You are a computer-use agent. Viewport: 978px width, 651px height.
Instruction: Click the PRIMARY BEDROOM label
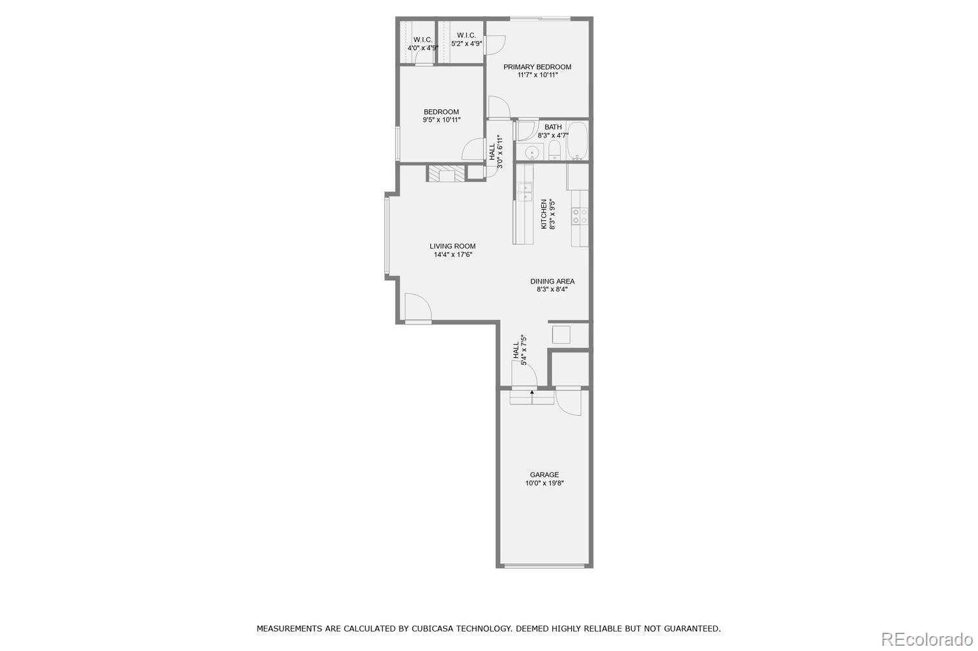coord(537,66)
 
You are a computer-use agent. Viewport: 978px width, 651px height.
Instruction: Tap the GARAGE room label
coord(544,474)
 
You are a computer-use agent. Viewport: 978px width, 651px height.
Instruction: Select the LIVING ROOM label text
coord(452,246)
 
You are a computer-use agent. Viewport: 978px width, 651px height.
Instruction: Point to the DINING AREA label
coord(552,282)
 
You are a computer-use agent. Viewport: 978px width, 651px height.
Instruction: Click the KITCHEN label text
coord(544,214)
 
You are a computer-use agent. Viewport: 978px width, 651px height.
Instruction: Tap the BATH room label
coord(553,127)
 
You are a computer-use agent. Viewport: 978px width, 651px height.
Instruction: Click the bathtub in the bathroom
coord(577,141)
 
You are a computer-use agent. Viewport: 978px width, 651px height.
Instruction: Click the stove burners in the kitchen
coord(580,216)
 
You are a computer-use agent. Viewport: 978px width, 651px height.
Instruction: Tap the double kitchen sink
coord(525,192)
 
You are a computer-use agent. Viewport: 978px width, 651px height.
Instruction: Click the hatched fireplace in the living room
coord(447,174)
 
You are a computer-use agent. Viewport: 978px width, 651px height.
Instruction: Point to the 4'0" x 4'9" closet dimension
coord(423,48)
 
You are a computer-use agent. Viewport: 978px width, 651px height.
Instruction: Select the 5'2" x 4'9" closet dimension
coord(466,44)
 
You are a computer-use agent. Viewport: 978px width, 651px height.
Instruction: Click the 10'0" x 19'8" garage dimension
coord(544,484)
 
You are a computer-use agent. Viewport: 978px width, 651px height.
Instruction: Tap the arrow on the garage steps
coord(532,393)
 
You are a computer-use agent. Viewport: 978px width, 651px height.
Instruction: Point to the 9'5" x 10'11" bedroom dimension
coord(441,120)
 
